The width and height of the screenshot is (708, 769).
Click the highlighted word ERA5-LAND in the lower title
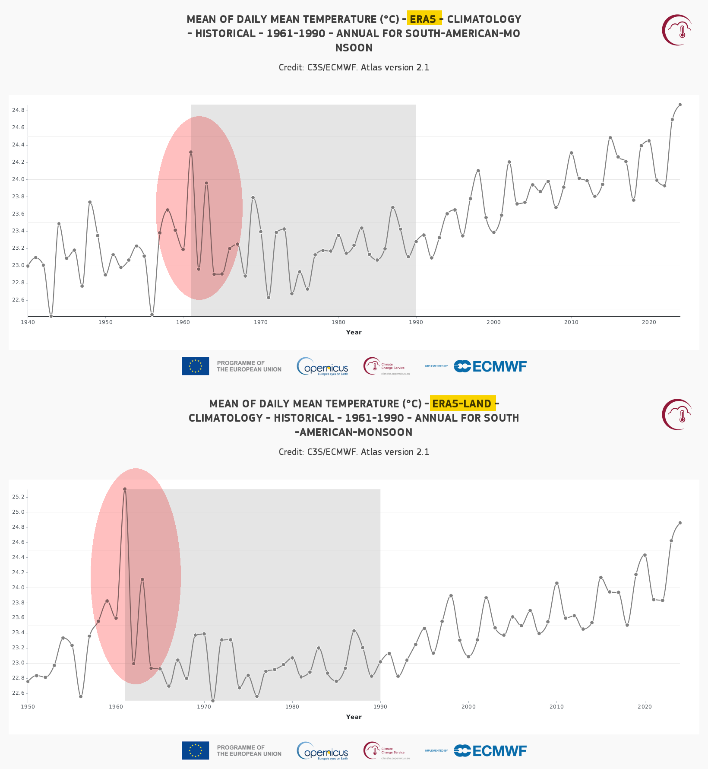coord(462,404)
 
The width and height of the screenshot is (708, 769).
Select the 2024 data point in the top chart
coord(680,105)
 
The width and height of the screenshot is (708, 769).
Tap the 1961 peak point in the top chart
coord(191,152)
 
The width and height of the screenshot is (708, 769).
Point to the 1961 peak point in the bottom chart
coord(125,489)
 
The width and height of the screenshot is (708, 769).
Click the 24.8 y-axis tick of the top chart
coord(18,111)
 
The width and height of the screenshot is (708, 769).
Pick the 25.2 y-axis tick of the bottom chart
coord(18,497)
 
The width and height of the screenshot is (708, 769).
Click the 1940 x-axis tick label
coord(28,322)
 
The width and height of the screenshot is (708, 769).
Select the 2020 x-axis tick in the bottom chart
coord(645,707)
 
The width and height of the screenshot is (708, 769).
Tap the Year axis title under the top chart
coord(354,332)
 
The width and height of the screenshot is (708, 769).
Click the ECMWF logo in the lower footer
coord(490,751)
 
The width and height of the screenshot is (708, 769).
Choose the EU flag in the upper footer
coord(195,366)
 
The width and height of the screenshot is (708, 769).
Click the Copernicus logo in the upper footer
coord(322,366)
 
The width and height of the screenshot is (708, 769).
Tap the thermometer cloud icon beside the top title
coord(677,30)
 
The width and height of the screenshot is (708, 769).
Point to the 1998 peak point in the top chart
coord(478,171)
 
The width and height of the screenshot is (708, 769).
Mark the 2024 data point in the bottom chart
coord(680,523)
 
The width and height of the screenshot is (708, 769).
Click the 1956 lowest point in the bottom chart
coord(81,696)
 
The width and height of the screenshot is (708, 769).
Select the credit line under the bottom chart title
coord(354,452)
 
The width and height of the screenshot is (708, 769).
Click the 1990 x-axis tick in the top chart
coord(416,322)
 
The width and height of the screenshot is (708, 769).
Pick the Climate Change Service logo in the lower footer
coord(386,751)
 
